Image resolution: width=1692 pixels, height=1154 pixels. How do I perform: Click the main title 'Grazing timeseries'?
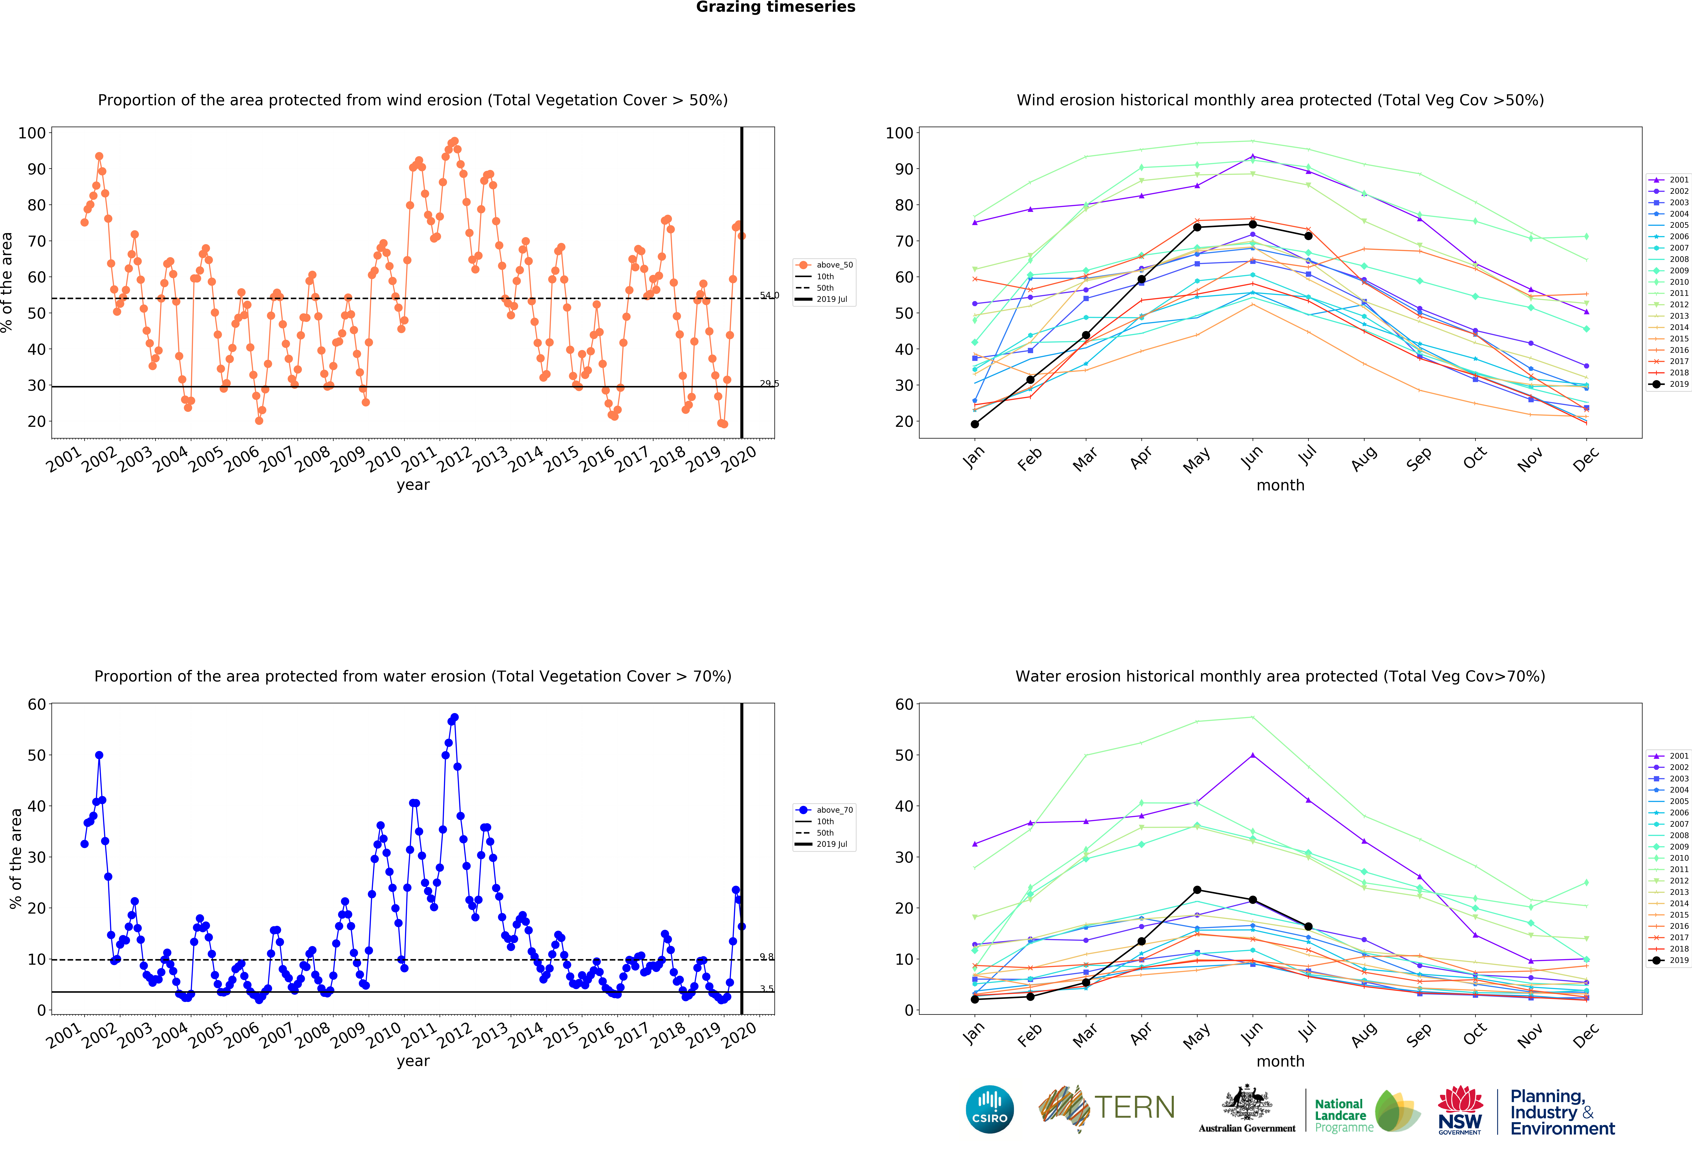(x=775, y=7)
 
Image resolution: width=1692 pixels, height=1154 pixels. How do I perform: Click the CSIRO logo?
(x=989, y=1110)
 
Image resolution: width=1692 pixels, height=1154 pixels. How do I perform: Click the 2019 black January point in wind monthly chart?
(x=975, y=424)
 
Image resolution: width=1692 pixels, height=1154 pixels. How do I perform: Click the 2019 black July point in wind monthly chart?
(x=1308, y=236)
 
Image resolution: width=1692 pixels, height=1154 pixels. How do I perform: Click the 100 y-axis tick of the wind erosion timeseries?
(x=32, y=133)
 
